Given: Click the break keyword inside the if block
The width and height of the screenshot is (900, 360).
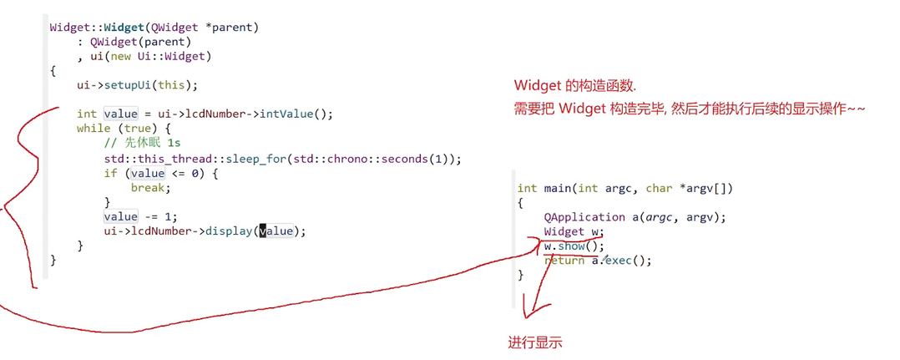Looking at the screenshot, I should click(x=147, y=187).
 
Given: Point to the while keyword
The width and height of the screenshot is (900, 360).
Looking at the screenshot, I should click(x=93, y=128).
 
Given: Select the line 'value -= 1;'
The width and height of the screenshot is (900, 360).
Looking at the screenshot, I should click(x=140, y=215).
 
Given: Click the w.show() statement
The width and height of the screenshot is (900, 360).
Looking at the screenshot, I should click(x=573, y=246).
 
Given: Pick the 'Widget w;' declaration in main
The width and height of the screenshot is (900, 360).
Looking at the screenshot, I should click(x=573, y=231).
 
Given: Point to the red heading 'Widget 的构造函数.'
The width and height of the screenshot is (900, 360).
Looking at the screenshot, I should click(x=575, y=86).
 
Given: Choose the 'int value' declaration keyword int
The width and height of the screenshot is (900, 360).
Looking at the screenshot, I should click(x=86, y=114).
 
